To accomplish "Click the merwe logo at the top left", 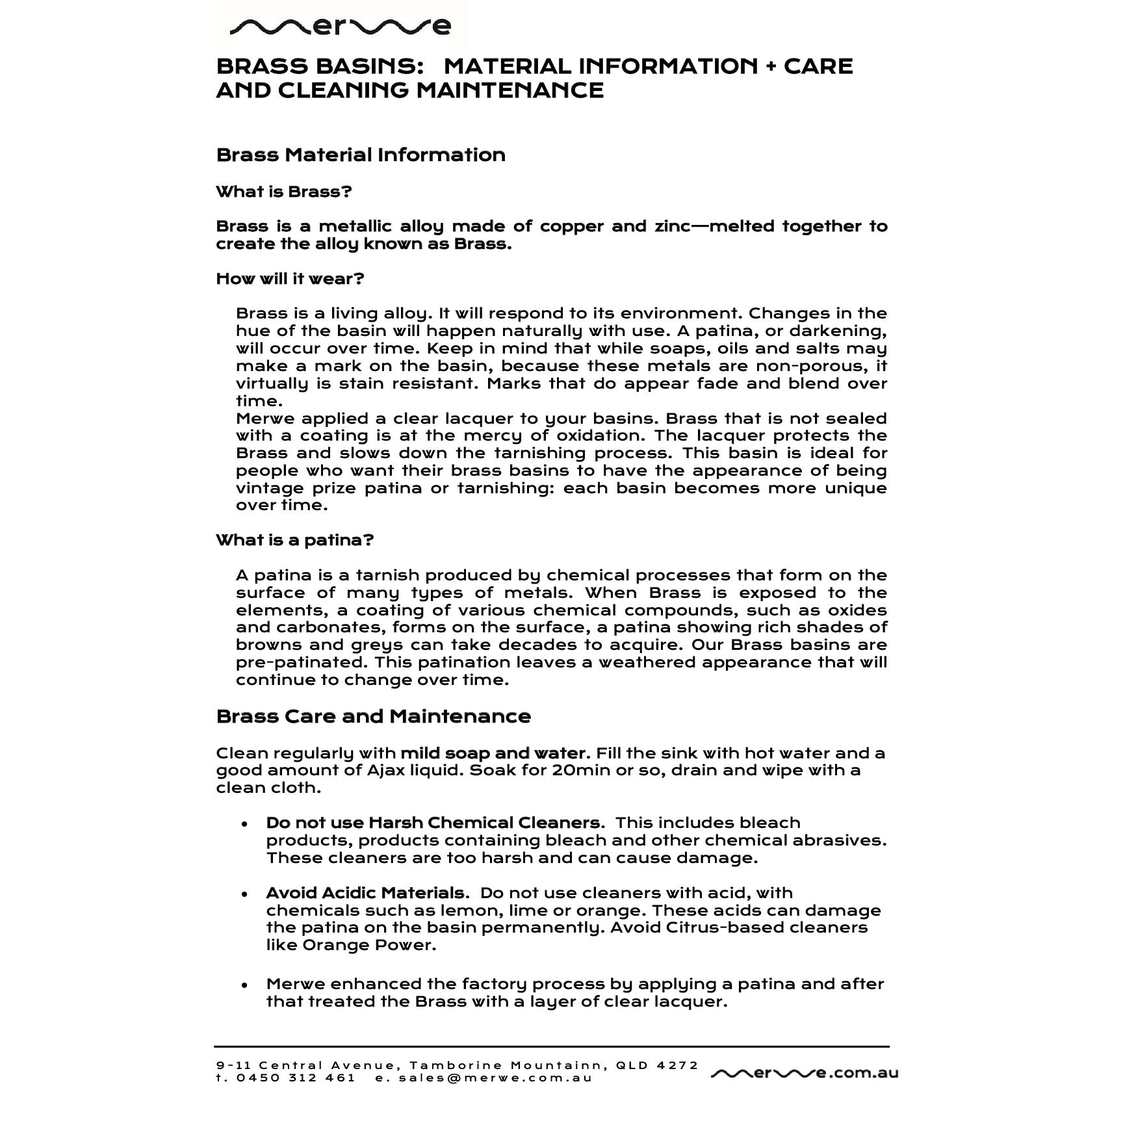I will pyautogui.click(x=341, y=27).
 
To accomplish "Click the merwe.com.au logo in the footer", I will pyautogui.click(x=805, y=1073).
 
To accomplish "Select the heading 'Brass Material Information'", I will pyautogui.click(x=361, y=155).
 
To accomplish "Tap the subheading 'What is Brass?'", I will pyautogui.click(x=284, y=192).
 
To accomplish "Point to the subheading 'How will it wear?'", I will pyautogui.click(x=290, y=279).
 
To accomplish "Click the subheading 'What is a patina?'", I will pyautogui.click(x=294, y=541).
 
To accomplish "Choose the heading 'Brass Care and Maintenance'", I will pyautogui.click(x=373, y=717).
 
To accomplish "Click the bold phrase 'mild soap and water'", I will pyautogui.click(x=493, y=753).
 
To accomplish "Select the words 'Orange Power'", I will pyautogui.click(x=368, y=945).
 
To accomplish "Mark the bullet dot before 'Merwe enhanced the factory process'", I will pyautogui.click(x=244, y=985).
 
